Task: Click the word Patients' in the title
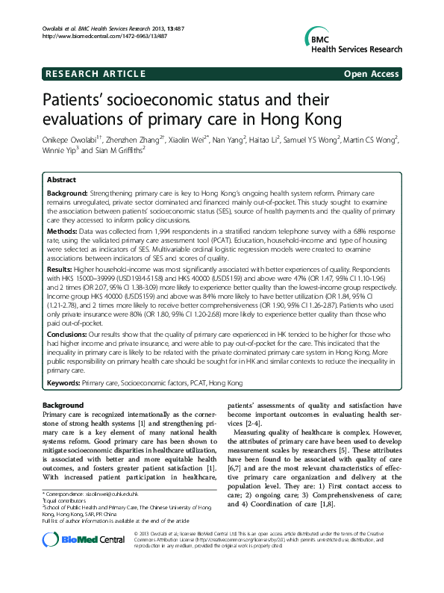76,101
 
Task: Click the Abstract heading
62,180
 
